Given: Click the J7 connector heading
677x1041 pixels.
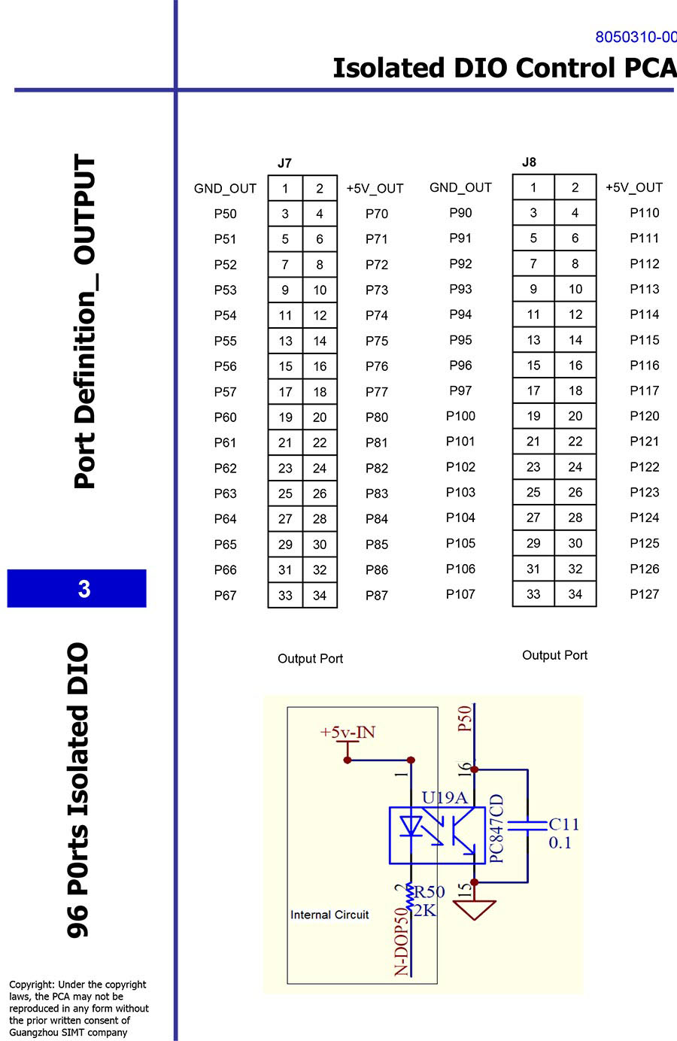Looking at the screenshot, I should tap(284, 163).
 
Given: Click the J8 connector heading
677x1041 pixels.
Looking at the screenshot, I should tap(529, 162).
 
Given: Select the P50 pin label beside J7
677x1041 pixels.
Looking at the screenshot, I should tap(225, 214).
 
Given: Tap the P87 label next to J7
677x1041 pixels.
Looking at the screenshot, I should tap(376, 596).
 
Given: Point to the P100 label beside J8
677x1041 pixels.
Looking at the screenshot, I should tap(460, 416).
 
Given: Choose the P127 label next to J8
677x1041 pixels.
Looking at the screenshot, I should tap(644, 594).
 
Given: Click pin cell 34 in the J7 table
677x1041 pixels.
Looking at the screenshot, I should tap(320, 596).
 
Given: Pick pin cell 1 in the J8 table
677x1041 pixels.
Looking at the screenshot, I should tap(533, 188).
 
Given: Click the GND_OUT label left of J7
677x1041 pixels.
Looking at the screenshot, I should tap(225, 189).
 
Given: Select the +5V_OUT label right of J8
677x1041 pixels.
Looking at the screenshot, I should tap(633, 188).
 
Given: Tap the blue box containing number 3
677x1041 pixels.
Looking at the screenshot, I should tap(77, 588).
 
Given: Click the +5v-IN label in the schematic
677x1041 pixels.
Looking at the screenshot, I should tap(348, 733).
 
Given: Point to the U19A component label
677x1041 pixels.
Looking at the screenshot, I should tap(444, 798).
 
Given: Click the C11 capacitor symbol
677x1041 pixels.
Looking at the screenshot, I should tap(527, 825).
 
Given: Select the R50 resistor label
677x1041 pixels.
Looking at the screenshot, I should tap(430, 892).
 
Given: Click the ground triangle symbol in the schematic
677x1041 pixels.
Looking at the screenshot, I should tap(475, 911).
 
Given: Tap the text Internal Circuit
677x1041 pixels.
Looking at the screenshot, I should tap(329, 915).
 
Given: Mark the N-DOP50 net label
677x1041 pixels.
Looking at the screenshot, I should tap(402, 941).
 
